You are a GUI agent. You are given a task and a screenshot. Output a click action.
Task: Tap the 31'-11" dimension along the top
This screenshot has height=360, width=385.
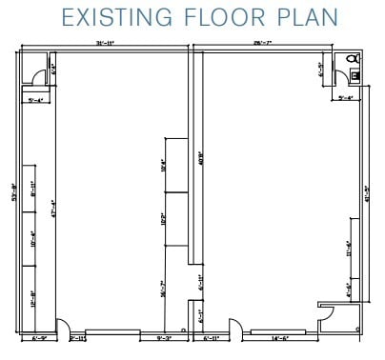coord(105,44)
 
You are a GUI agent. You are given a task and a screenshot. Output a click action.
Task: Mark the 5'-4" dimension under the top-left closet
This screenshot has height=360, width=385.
coord(37,98)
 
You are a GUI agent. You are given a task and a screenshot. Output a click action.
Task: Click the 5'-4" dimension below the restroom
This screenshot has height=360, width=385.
coord(346,97)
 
